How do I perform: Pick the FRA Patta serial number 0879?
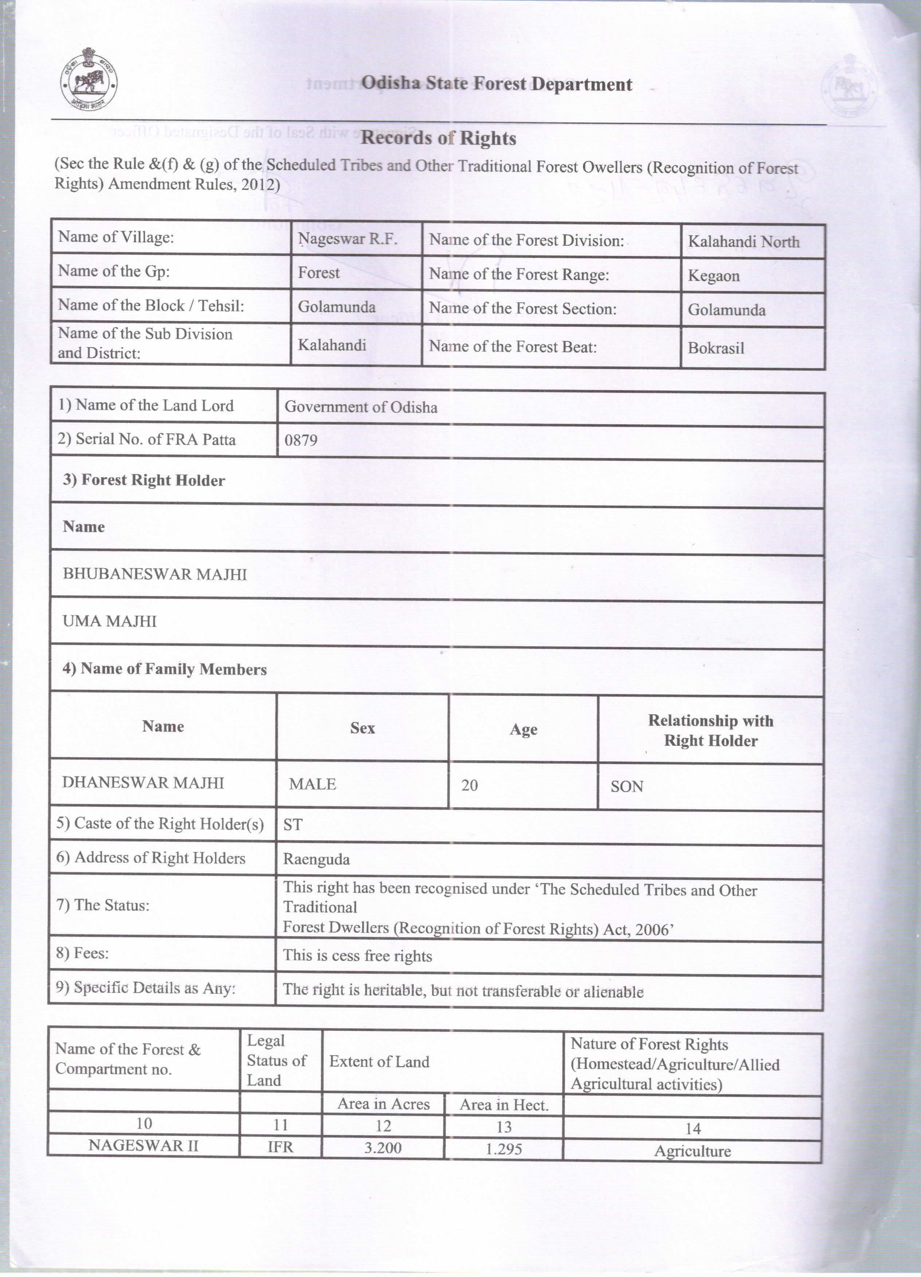(x=301, y=440)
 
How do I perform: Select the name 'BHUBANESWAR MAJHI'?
(x=154, y=574)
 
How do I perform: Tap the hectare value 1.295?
(x=503, y=1148)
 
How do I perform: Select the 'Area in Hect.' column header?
(x=503, y=1105)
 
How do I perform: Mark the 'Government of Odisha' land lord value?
(x=361, y=407)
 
